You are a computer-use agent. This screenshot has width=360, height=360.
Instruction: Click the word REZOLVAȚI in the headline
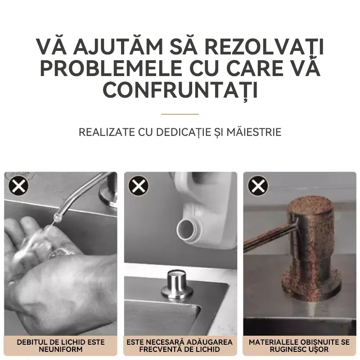(x=264, y=47)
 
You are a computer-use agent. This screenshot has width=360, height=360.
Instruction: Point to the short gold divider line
(x=180, y=114)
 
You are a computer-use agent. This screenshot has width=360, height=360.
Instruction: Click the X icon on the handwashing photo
(x=18, y=185)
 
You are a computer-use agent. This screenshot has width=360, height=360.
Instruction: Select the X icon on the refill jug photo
(x=139, y=185)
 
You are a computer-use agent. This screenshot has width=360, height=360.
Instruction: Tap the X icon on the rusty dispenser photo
(x=258, y=185)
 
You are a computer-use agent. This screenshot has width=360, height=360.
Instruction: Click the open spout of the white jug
(x=186, y=230)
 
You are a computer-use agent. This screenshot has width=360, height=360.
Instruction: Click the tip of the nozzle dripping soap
(x=56, y=216)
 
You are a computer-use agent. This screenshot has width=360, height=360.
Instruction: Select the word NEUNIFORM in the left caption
(x=61, y=350)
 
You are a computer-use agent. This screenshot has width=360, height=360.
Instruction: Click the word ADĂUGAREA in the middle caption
(x=210, y=342)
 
